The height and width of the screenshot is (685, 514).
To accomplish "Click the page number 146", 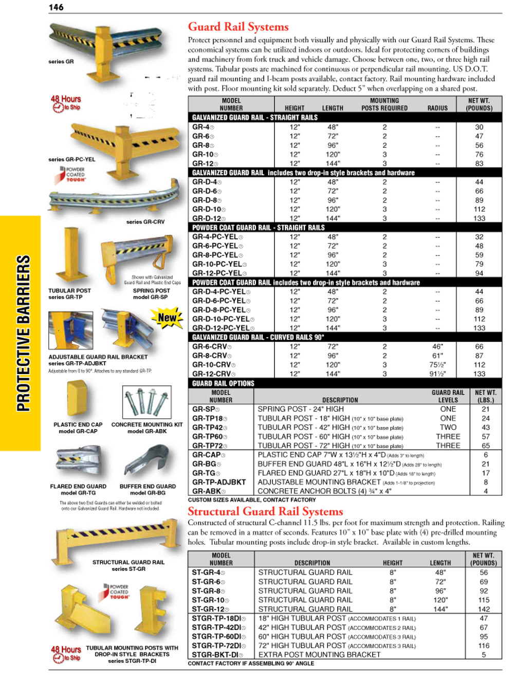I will (57, 7).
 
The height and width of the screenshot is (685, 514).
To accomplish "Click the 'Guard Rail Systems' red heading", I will (238, 27).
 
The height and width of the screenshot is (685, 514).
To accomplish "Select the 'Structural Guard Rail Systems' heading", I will (265, 511).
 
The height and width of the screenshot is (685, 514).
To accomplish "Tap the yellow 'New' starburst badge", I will (167, 318).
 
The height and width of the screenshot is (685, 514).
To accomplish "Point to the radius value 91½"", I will (437, 374).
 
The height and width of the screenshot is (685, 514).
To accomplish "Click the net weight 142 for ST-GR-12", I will (484, 609).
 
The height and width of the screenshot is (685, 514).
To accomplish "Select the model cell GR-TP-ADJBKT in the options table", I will (219, 482).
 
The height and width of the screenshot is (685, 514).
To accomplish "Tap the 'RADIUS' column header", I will (437, 108).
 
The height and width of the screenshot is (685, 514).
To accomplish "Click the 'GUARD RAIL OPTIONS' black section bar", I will (224, 383).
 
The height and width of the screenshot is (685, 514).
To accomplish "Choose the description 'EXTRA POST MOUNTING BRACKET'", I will (319, 655).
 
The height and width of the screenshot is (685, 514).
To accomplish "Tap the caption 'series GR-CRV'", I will (145, 222).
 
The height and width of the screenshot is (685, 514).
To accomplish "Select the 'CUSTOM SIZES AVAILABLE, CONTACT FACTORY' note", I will (252, 499).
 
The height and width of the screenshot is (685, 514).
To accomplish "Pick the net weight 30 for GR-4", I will (479, 127).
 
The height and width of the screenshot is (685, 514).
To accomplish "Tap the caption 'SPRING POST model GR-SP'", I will (151, 293).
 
